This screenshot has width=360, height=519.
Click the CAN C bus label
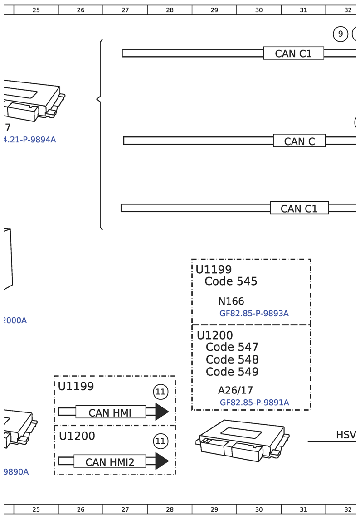[x=299, y=141]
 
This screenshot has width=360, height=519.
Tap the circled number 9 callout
[x=340, y=34]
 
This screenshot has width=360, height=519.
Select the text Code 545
[x=231, y=281]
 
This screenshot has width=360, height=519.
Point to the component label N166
[x=231, y=301]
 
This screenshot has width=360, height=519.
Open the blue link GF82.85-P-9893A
[x=254, y=313]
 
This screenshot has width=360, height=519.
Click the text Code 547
[x=232, y=347]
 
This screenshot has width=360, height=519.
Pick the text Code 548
[x=232, y=359]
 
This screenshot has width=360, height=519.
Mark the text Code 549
[x=232, y=372]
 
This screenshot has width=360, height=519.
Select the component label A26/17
[x=235, y=390]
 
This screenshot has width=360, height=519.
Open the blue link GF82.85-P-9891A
[x=254, y=403]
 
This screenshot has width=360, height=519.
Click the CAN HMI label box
[x=110, y=412]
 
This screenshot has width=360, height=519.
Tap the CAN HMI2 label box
[x=110, y=462]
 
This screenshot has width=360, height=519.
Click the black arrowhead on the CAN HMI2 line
[x=161, y=461]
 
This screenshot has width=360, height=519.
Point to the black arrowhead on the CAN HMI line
[x=161, y=412]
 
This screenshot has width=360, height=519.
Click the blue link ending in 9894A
[x=29, y=140]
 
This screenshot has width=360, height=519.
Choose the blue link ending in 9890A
[x=16, y=472]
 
